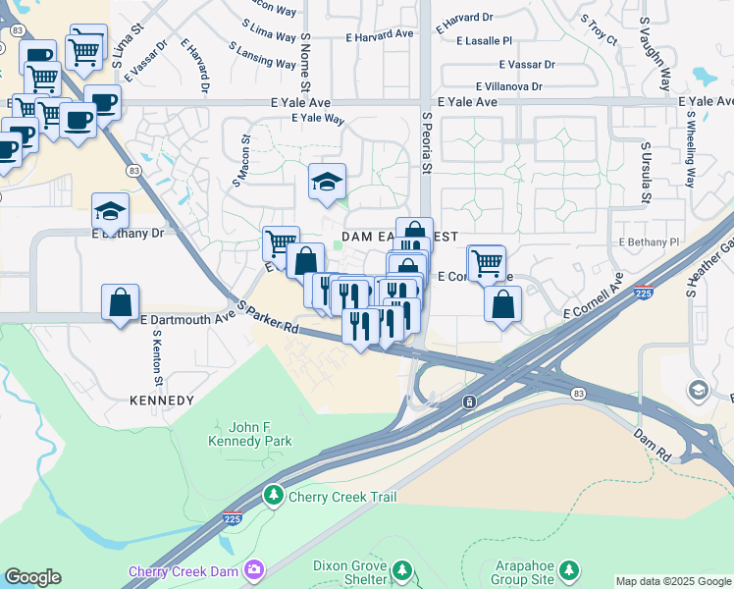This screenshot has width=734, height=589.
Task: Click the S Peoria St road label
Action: (x=427, y=142)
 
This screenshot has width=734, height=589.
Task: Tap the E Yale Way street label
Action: (x=318, y=119)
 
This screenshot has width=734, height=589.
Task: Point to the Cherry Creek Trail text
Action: (x=342, y=497)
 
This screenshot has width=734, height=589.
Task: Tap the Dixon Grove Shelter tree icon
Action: (x=401, y=570)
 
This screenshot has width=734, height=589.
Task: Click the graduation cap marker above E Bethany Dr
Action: (x=110, y=210)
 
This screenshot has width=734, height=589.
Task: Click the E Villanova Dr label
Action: (x=509, y=86)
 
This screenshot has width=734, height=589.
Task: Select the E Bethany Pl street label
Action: (x=649, y=241)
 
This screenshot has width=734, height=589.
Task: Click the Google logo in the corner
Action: (x=32, y=577)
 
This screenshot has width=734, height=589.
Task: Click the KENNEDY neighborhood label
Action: (x=162, y=401)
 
